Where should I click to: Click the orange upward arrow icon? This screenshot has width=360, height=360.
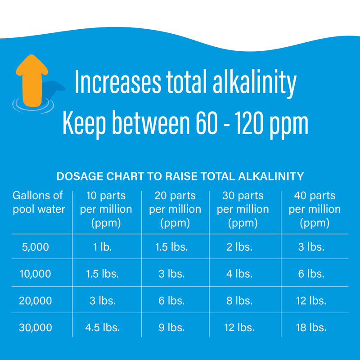pyautogui.click(x=32, y=79)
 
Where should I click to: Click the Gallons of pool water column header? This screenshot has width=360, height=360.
pyautogui.click(x=38, y=202)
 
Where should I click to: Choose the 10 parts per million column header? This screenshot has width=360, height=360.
pyautogui.click(x=106, y=209)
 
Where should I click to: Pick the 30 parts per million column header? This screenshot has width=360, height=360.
pyautogui.click(x=243, y=209)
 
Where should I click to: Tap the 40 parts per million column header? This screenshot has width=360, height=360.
pyautogui.click(x=315, y=209)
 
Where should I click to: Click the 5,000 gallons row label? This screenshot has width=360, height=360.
pyautogui.click(x=36, y=247)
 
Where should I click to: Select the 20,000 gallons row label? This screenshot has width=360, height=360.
pyautogui.click(x=36, y=301)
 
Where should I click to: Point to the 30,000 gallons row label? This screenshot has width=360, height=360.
pyautogui.click(x=36, y=328)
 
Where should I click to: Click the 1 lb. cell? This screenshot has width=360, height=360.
pyautogui.click(x=103, y=247)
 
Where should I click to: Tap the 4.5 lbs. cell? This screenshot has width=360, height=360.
pyautogui.click(x=103, y=328)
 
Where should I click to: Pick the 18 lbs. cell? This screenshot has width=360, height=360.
pyautogui.click(x=311, y=328)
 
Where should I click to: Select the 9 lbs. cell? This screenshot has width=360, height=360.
pyautogui.click(x=171, y=328)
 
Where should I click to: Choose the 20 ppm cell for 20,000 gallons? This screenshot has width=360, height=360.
pyautogui.click(x=171, y=301)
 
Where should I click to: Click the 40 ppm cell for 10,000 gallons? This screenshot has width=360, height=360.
pyautogui.click(x=311, y=274)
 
